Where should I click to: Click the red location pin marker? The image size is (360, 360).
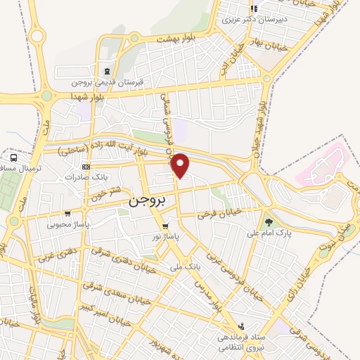pyautogui.click(x=181, y=165)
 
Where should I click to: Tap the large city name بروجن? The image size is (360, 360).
pyautogui.click(x=148, y=200)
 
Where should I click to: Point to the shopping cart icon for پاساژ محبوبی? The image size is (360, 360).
pyautogui.click(x=67, y=214)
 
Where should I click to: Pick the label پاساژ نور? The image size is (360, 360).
pyautogui.click(x=167, y=236)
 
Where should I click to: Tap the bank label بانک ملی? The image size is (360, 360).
pyautogui.click(x=186, y=267)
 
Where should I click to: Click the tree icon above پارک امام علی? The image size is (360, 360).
pyautogui.click(x=269, y=221)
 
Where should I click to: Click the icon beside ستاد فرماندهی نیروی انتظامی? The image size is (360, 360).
pyautogui.click(x=242, y=326)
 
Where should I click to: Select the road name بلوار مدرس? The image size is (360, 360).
pyautogui.click(x=209, y=295)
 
